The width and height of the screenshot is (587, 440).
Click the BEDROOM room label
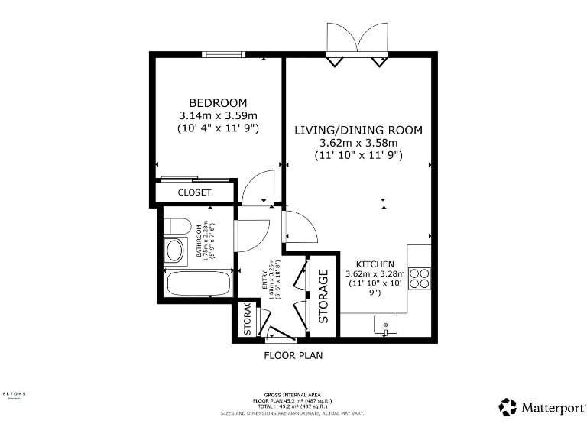[x=218, y=103]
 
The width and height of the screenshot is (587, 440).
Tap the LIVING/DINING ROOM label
[x=358, y=130]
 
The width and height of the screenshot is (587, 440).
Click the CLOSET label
[x=194, y=192]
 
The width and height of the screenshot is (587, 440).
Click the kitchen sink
[x=386, y=325]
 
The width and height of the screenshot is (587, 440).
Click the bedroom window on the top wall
[x=223, y=54]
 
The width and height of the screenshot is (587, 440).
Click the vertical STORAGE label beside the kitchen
[x=323, y=296]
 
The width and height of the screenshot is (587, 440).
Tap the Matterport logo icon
[x=508, y=406]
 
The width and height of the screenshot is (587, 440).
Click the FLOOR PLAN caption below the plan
[x=293, y=355]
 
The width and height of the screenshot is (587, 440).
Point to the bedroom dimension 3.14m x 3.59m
[x=218, y=115]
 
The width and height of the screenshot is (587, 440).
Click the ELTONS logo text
[x=14, y=394]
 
